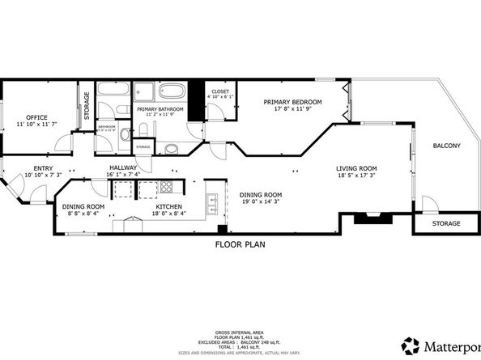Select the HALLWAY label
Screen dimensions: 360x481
click(122, 167)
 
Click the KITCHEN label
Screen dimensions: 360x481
click(170, 206)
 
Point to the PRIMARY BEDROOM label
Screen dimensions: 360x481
click(293, 102)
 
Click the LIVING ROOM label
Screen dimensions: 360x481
click(356, 168)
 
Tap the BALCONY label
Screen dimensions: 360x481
click(446, 146)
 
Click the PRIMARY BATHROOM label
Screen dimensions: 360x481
click(160, 108)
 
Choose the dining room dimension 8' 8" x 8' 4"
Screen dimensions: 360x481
click(84, 213)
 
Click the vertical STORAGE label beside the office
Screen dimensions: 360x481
click(87, 107)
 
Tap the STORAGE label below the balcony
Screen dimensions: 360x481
click(445, 223)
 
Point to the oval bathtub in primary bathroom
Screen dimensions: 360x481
click(171, 91)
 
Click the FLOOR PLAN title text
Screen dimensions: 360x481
click(240, 244)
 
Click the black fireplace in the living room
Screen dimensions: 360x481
click(372, 217)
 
